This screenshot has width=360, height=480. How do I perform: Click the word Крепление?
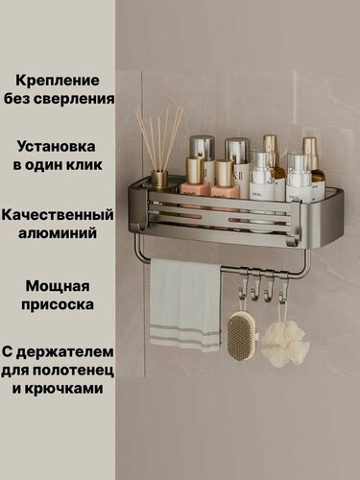coord(65,81)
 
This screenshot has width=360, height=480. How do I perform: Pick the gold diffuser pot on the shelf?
coord(159,179)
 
